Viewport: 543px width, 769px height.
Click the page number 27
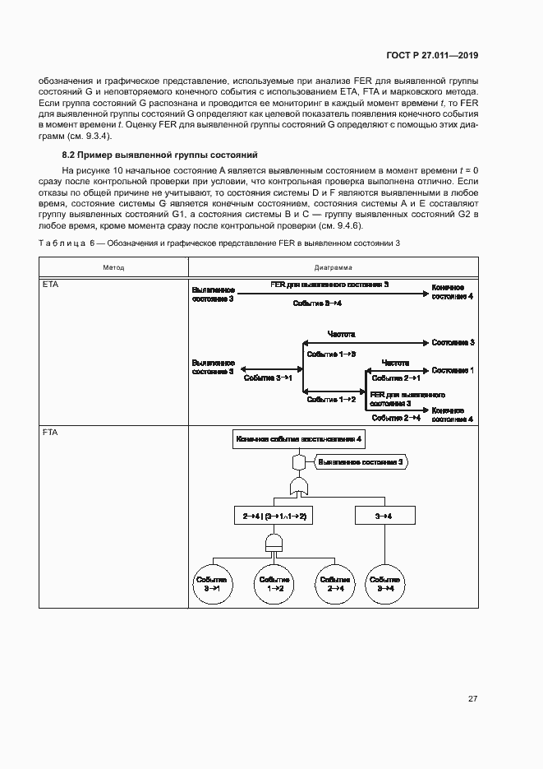coord(472,699)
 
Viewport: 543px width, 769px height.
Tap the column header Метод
coord(114,267)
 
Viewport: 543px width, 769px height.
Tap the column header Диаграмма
coord(333,267)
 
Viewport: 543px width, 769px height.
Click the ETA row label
coord(51,285)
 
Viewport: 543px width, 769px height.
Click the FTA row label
coord(51,431)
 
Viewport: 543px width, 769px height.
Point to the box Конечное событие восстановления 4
coord(299,440)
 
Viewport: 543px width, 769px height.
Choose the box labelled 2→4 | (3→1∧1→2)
coord(274,516)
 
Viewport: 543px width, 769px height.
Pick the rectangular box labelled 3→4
coord(383,516)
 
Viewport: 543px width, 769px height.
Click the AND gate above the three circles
coord(274,542)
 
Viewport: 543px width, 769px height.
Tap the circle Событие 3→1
coord(212,584)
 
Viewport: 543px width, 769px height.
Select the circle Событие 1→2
coord(274,584)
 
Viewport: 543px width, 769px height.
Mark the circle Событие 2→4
coord(336,584)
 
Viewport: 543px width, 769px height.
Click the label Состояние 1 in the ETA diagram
coord(453,370)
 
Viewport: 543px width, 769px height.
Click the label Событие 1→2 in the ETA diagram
coord(331,399)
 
